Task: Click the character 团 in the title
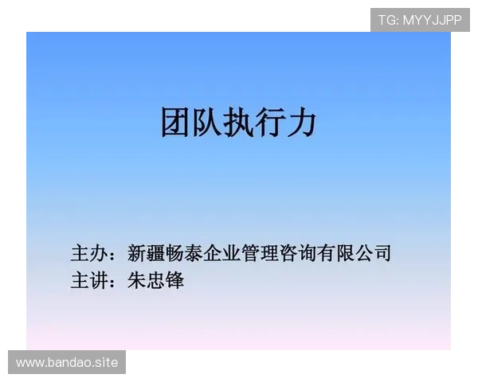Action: point(176,123)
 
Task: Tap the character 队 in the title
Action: point(207,123)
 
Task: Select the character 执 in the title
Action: point(238,123)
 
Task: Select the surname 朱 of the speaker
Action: point(136,280)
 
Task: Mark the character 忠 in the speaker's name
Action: point(155,280)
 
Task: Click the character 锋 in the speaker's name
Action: point(174,280)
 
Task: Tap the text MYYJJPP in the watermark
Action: point(432,20)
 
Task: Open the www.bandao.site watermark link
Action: point(67,363)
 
